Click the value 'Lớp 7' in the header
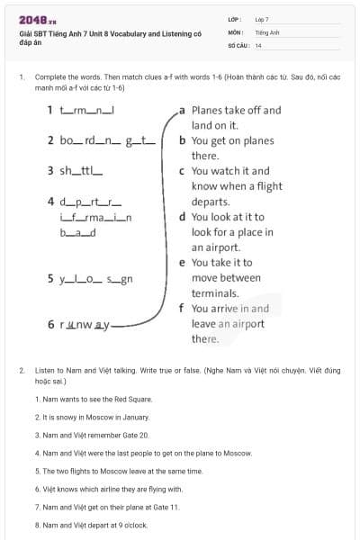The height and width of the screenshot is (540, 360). pyautogui.click(x=262, y=19)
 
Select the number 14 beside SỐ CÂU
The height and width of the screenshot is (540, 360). pyautogui.click(x=258, y=44)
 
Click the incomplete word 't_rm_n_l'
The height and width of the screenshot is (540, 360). pyautogui.click(x=89, y=111)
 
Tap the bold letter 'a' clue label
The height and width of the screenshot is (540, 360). pyautogui.click(x=183, y=111)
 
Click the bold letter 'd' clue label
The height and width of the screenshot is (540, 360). pyautogui.click(x=183, y=217)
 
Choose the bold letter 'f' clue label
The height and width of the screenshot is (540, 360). pyautogui.click(x=183, y=308)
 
